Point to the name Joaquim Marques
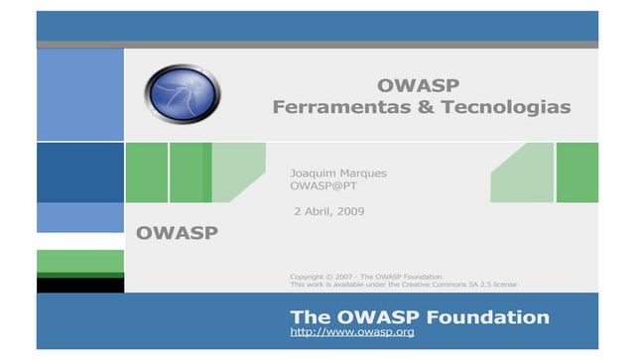click(x=337, y=173)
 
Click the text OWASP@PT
click(x=322, y=186)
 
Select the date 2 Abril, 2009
click(x=329, y=212)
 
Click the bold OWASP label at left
click(x=178, y=234)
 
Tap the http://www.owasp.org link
click(x=351, y=332)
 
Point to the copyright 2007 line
click(x=365, y=276)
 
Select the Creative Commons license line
click(x=403, y=285)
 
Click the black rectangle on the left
click(x=80, y=285)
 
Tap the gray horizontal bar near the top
click(x=317, y=45)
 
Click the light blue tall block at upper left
click(x=80, y=95)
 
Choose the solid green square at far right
click(x=576, y=173)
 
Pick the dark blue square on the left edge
click(x=80, y=173)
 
